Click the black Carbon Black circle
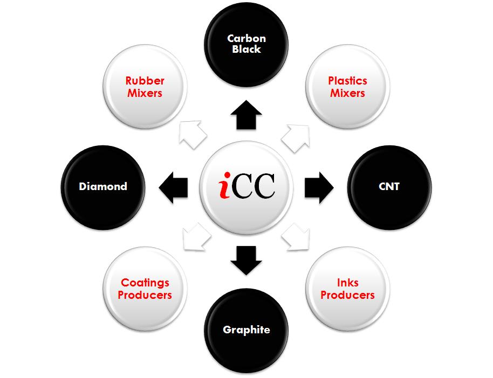click(246, 44)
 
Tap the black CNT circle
click(389, 187)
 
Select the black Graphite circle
click(246, 330)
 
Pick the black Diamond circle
click(103, 187)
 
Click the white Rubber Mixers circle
click(145, 87)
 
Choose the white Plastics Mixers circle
click(347, 87)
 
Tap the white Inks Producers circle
click(347, 289)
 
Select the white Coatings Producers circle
click(145, 289)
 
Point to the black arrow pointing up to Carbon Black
click(246, 114)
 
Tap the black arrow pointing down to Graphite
click(246, 259)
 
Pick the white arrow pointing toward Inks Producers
click(296, 237)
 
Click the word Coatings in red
click(145, 283)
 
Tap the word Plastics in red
click(347, 81)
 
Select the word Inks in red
click(347, 283)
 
